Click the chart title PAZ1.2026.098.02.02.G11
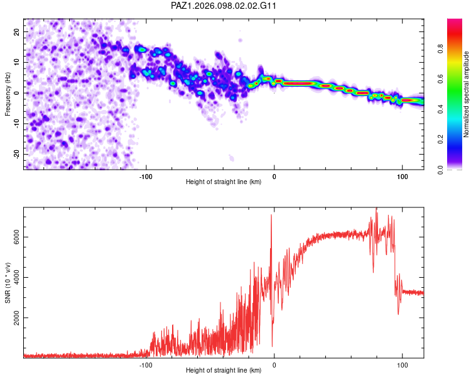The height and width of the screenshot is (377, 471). click(x=223, y=6)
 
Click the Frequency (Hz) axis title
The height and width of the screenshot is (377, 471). click(x=8, y=94)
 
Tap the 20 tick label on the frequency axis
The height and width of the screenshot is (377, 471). click(x=16, y=31)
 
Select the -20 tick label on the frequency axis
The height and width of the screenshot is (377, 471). click(x=16, y=154)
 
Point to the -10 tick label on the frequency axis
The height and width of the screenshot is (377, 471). click(x=16, y=124)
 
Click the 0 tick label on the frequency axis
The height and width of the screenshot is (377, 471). click(x=16, y=93)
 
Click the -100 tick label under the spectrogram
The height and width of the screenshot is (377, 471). click(x=146, y=177)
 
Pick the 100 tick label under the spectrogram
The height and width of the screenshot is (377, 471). click(x=402, y=177)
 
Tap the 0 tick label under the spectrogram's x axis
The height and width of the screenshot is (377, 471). click(x=274, y=177)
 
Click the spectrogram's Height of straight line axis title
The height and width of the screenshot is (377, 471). click(x=224, y=182)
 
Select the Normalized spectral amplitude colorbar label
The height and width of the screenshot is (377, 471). click(x=466, y=94)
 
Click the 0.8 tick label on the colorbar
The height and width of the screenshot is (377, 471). click(x=440, y=48)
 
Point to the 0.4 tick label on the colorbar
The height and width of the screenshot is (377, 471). click(x=440, y=109)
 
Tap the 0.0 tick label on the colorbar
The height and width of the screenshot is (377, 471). click(x=440, y=170)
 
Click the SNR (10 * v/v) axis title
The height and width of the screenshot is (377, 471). click(x=8, y=283)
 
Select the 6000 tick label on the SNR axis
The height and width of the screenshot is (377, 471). click(x=16, y=237)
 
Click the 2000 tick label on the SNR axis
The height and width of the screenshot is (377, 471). click(x=16, y=318)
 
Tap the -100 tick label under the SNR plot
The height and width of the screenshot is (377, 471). click(x=146, y=365)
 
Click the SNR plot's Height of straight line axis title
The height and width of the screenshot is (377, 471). click(x=224, y=370)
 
